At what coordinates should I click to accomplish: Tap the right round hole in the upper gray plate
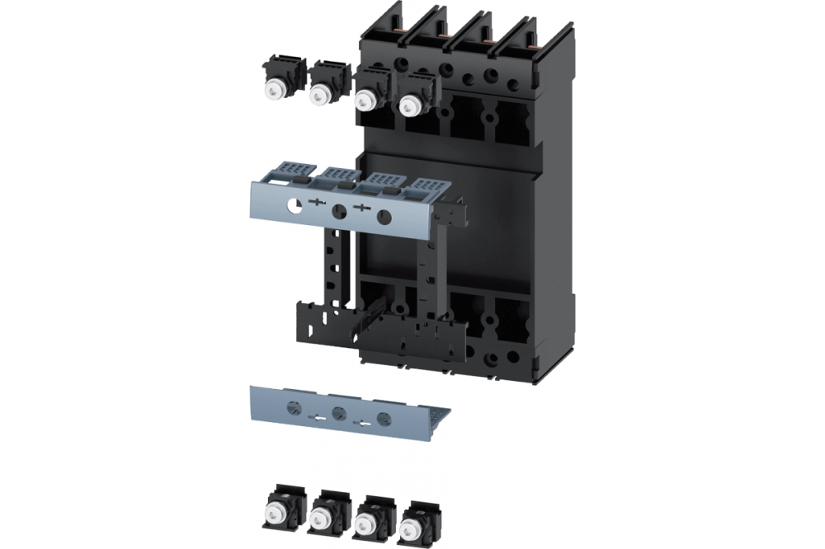pyautogui.click(x=383, y=218)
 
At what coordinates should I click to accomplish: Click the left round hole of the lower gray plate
pyautogui.click(x=293, y=405)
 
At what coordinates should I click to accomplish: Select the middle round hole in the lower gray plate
pyautogui.click(x=337, y=412)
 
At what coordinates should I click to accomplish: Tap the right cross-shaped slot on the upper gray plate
pyautogui.click(x=361, y=210)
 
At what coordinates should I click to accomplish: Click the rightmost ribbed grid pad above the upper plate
pyautogui.click(x=427, y=185)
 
